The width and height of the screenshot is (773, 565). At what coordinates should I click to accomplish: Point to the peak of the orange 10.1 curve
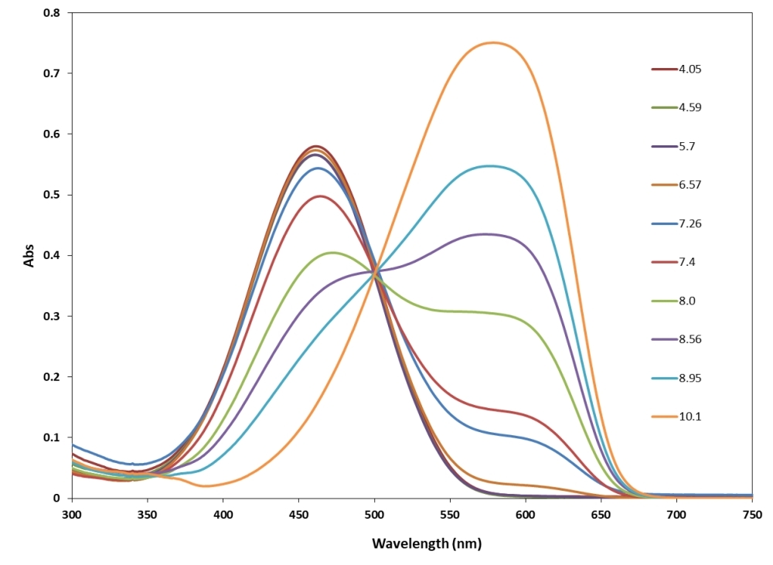[x=493, y=43]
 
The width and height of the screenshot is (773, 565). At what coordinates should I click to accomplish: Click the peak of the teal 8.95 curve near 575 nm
[x=489, y=165]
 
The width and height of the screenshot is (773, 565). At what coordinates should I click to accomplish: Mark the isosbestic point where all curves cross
[x=376, y=273]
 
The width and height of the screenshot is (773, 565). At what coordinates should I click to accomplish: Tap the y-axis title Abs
[x=29, y=256]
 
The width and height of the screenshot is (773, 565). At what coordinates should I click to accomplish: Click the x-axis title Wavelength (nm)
[x=426, y=543]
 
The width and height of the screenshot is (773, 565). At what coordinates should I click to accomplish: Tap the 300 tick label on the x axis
[x=71, y=512]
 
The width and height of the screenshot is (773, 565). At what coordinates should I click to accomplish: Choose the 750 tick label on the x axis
[x=751, y=512]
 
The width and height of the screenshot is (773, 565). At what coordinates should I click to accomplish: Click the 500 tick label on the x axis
[x=374, y=512]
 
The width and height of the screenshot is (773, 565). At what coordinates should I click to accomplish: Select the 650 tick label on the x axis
[x=601, y=512]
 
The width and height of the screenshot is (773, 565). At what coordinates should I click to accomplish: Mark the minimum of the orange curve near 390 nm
[x=206, y=486]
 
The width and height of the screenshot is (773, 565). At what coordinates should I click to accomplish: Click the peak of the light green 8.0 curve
[x=332, y=252]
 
